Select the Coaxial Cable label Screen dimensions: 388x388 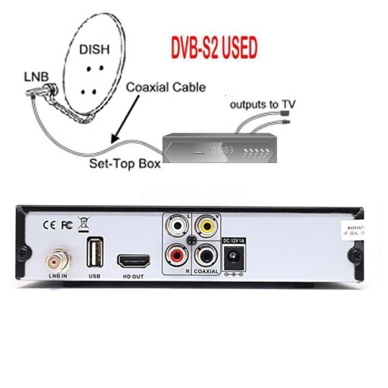[165, 87]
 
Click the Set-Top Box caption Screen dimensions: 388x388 [125, 164]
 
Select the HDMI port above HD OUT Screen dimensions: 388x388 [134, 261]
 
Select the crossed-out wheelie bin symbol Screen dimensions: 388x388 [83, 223]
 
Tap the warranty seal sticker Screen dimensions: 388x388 [355, 229]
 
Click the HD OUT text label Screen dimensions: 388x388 [134, 277]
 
